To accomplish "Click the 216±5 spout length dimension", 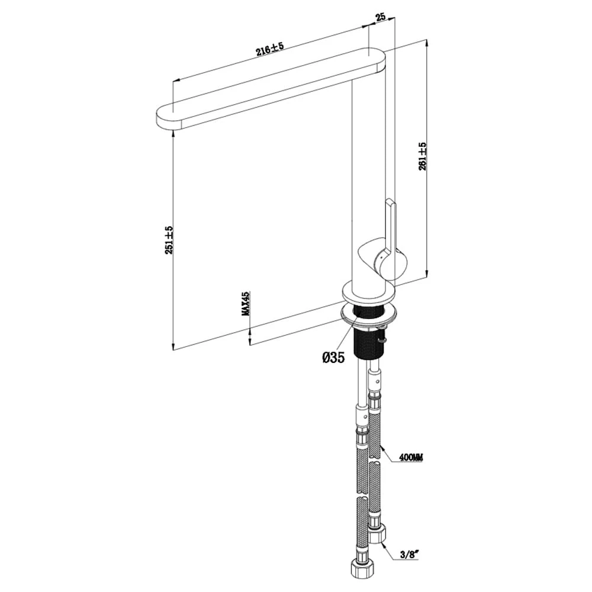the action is coord(269,49).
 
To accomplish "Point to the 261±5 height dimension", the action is coord(422,156).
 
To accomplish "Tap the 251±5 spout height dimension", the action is coord(169,240).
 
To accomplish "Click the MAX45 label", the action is coord(246,303).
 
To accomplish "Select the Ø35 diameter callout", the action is coord(333,357).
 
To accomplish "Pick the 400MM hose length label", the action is coord(411,458).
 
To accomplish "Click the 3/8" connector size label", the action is coord(409,555).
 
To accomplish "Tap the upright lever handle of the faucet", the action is coord(390,227).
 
